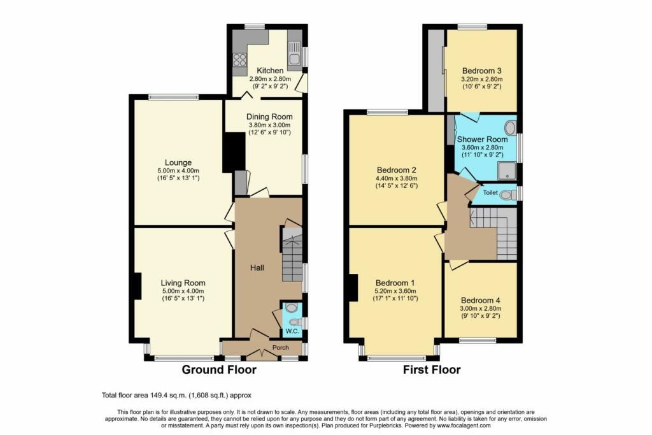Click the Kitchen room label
[x=270, y=71]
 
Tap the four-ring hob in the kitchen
[x=239, y=61]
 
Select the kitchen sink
[x=294, y=53]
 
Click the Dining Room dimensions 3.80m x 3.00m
[x=269, y=125]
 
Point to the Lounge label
[x=178, y=162]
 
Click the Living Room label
[x=183, y=283]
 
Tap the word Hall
[x=257, y=268]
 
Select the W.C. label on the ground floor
[x=292, y=331]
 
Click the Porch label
[x=280, y=347]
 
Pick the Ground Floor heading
[x=219, y=369]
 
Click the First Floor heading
[x=432, y=369]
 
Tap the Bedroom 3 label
[x=481, y=71]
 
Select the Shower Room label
[x=483, y=139]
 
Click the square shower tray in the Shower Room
[x=507, y=171]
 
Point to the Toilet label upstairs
[x=490, y=192]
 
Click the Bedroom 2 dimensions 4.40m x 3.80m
[x=396, y=178]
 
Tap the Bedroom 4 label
[x=480, y=301]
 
